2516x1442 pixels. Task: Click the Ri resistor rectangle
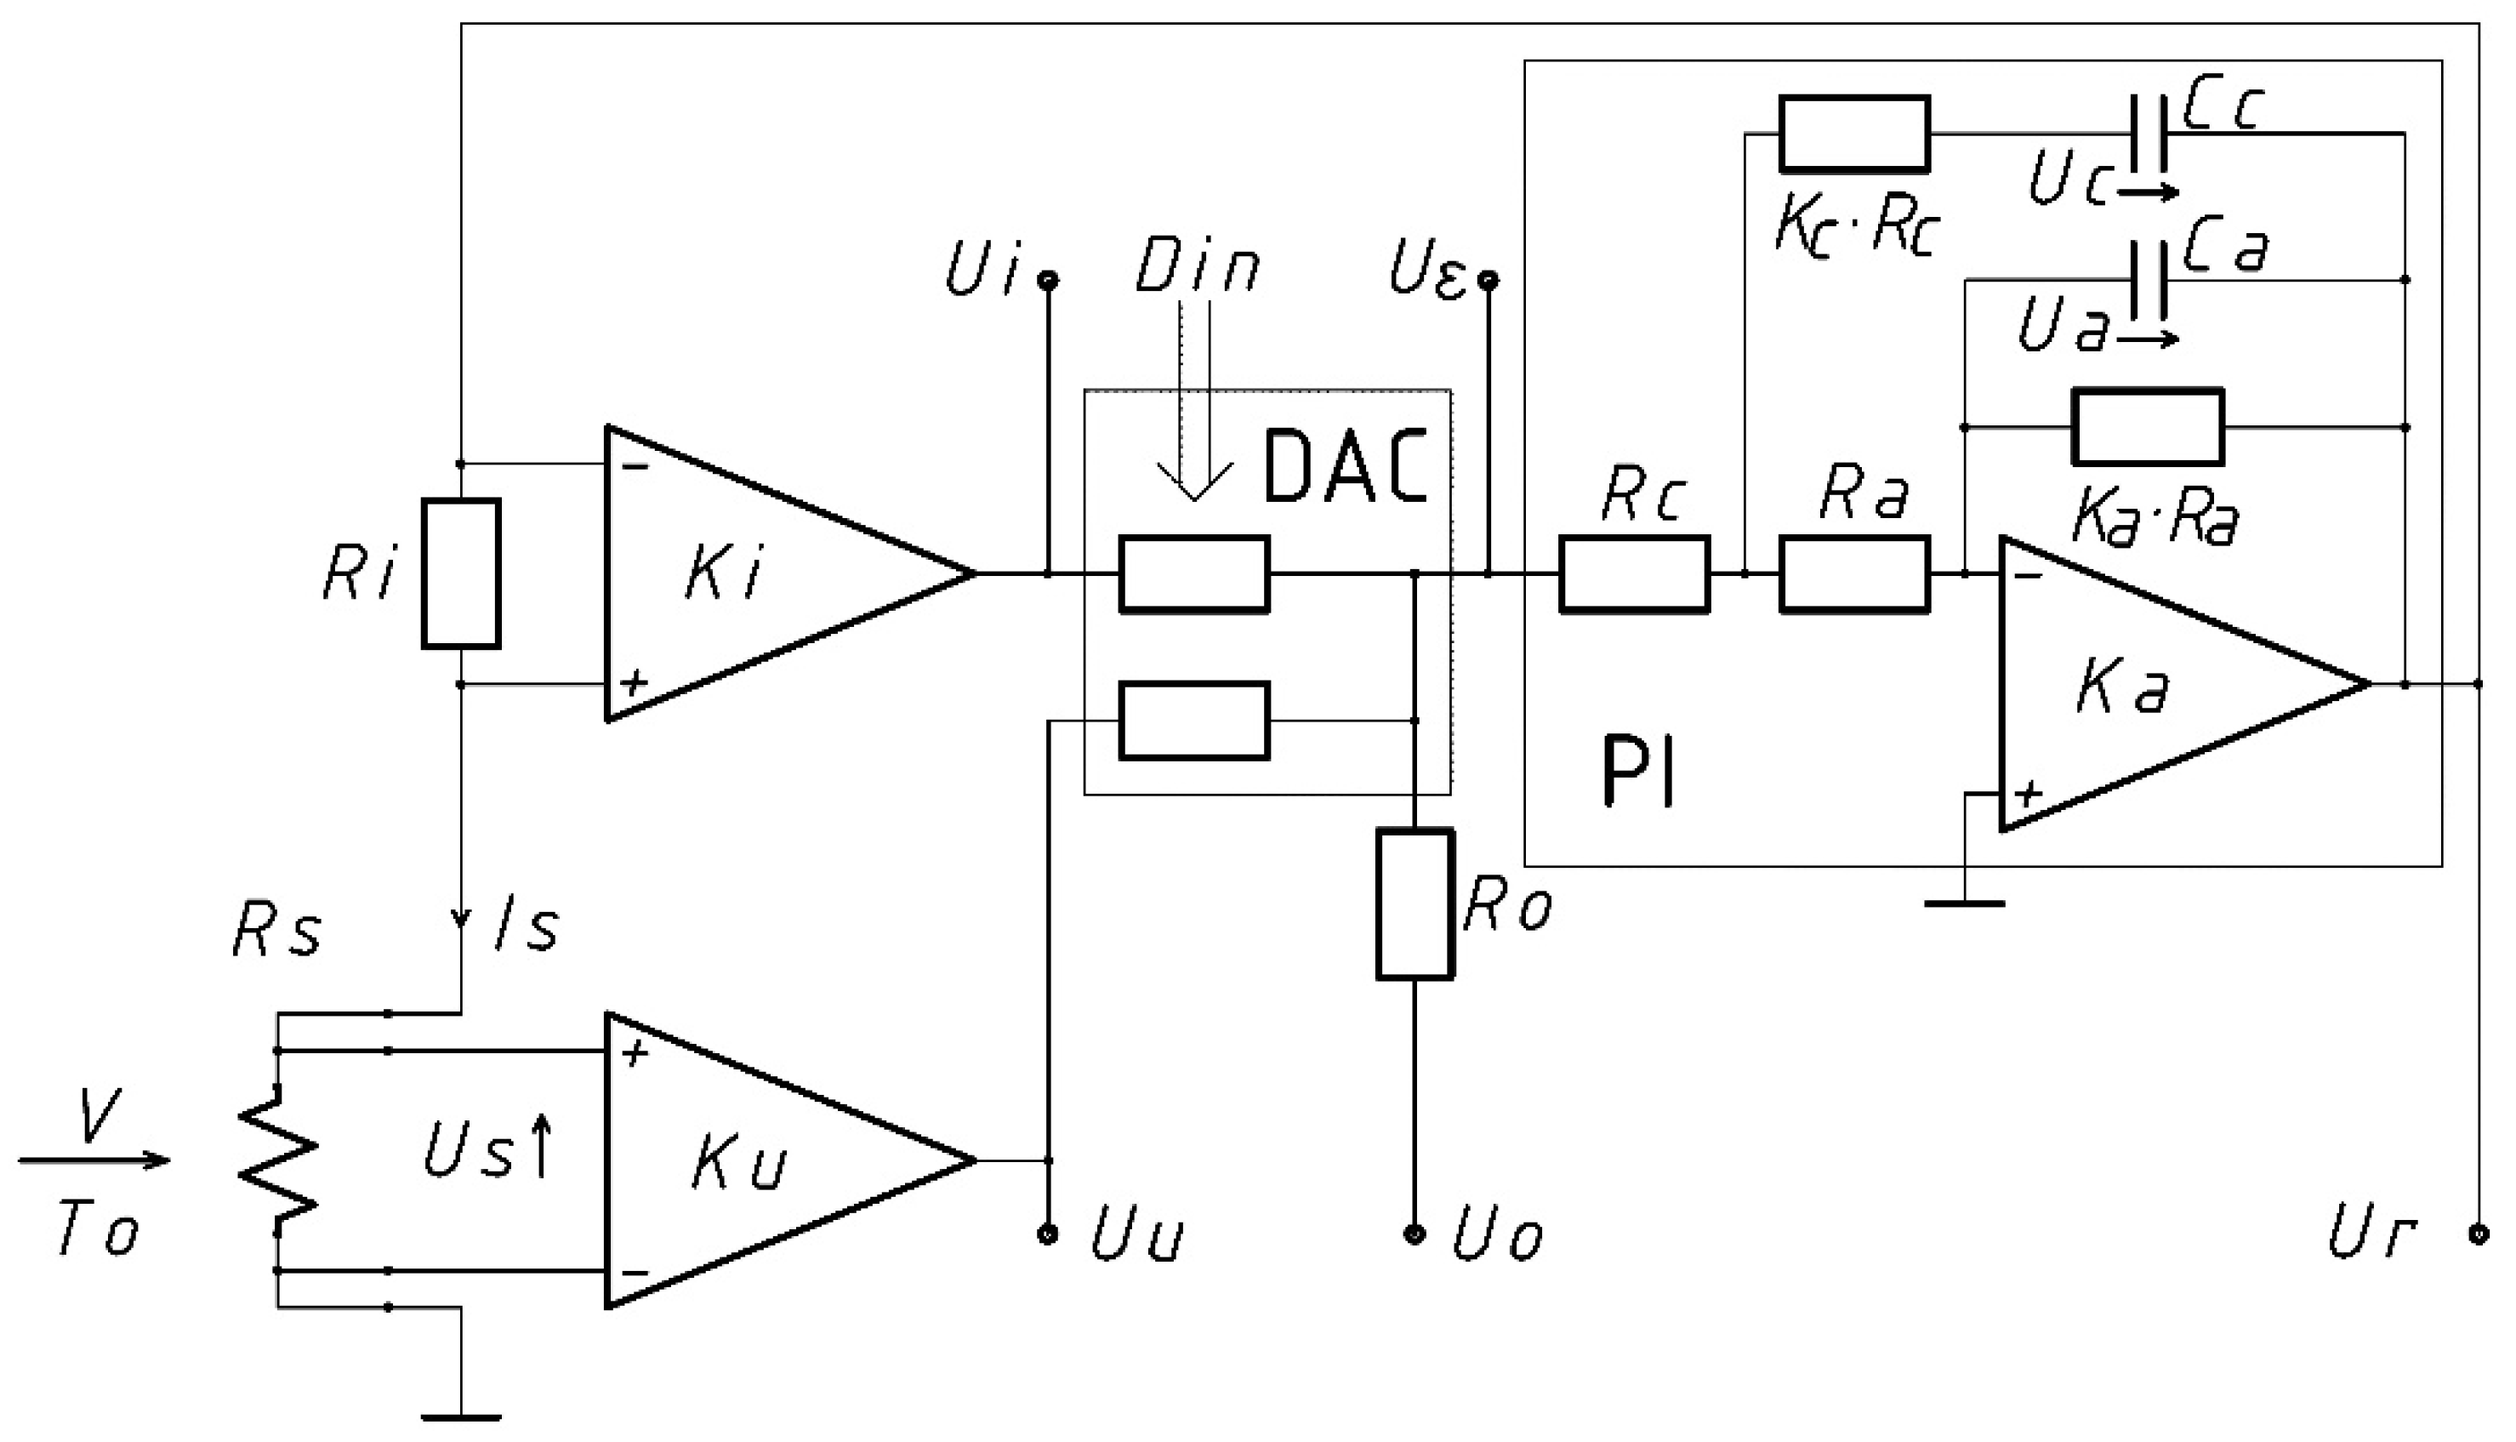click(x=460, y=574)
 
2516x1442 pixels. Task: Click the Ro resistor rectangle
click(x=1415, y=905)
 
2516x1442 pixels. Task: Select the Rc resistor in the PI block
click(x=1634, y=574)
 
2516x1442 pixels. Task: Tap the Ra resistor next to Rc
click(x=1854, y=574)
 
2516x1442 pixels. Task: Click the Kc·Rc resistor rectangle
click(x=1854, y=134)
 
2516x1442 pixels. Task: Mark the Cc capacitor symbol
click(x=2149, y=134)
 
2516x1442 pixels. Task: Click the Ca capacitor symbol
click(x=2149, y=280)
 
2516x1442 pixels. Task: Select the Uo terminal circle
click(x=1415, y=1234)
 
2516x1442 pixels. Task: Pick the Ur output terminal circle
click(x=2479, y=1234)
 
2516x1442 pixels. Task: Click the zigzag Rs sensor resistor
click(x=277, y=1160)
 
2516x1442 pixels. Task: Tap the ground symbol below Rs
click(x=461, y=1416)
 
